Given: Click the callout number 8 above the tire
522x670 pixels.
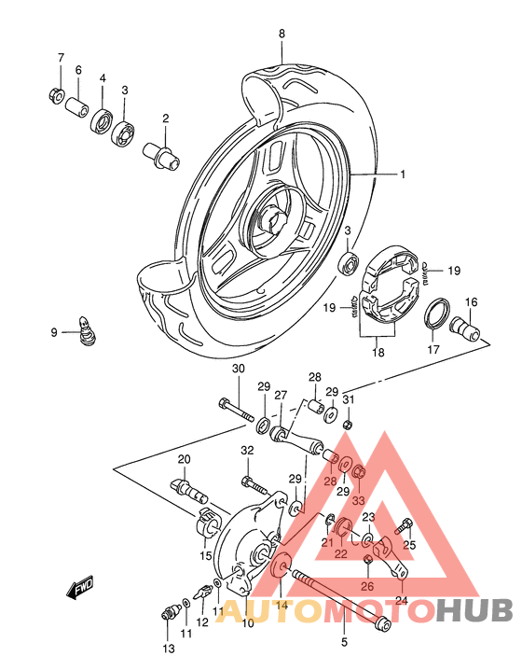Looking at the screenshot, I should tap(282, 35).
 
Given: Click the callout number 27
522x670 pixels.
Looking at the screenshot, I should tap(281, 395).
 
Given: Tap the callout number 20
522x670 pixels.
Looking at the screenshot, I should tap(184, 458).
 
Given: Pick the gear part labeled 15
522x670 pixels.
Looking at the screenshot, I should tap(207, 526).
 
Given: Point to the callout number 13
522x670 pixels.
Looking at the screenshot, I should tap(169, 649).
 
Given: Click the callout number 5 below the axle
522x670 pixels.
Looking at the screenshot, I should tap(343, 642).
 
